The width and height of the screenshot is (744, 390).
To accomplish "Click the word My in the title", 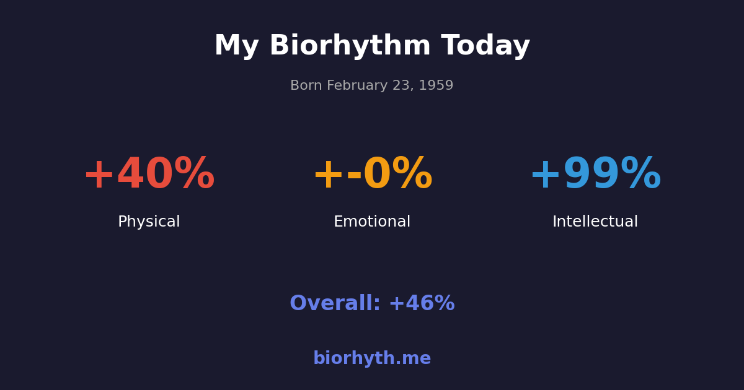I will (x=236, y=46).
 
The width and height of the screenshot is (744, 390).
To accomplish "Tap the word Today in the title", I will (x=485, y=46).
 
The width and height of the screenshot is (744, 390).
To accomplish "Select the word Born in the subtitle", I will (x=305, y=86).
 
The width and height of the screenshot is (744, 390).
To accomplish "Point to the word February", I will (x=353, y=86).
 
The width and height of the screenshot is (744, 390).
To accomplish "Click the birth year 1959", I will (x=436, y=86).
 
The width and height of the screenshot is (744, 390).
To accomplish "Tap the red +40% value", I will (x=149, y=175).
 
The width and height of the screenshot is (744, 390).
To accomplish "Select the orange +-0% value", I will (x=372, y=175).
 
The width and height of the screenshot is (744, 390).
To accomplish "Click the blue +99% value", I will (x=595, y=175).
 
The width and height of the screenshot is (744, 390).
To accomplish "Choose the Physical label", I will (x=149, y=222).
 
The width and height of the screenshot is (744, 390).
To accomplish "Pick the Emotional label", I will (x=372, y=222).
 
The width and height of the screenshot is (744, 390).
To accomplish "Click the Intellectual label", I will (x=595, y=222).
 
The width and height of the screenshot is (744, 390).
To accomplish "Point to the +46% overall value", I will (x=422, y=304).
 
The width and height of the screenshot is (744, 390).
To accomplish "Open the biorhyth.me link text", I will (x=372, y=359).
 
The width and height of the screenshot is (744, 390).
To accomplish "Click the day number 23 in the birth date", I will (x=401, y=86).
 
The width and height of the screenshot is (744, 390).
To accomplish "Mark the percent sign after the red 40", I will (x=194, y=174).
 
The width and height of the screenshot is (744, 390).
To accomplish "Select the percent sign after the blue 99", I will (x=640, y=174).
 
